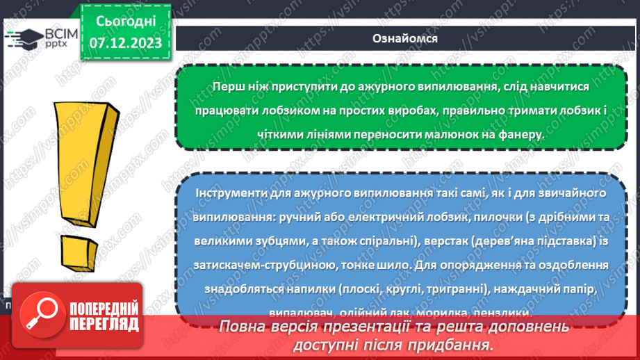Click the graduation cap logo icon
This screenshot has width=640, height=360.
26,39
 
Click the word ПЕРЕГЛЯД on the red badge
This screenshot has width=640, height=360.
103,323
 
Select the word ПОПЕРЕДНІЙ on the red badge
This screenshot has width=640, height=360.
103,308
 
